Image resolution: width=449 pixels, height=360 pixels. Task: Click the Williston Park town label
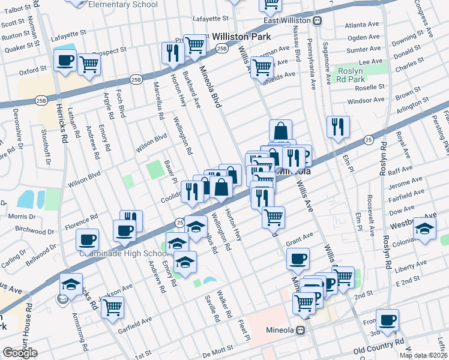[x=238, y=37]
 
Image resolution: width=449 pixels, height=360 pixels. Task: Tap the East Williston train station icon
[x=318, y=20]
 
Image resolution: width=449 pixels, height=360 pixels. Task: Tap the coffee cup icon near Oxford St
[x=65, y=61]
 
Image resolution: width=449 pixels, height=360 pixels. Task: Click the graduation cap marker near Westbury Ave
[x=424, y=229]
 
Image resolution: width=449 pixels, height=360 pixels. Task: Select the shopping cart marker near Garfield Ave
[x=112, y=308]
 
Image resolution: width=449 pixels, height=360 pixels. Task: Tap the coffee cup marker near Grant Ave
[x=297, y=259]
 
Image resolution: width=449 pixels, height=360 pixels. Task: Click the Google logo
[x=20, y=353]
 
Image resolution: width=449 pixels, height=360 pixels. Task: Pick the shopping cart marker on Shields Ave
[x=262, y=68]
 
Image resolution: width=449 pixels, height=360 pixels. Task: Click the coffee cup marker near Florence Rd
[x=87, y=240]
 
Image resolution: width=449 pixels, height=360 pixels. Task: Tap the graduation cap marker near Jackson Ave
[x=71, y=284]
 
